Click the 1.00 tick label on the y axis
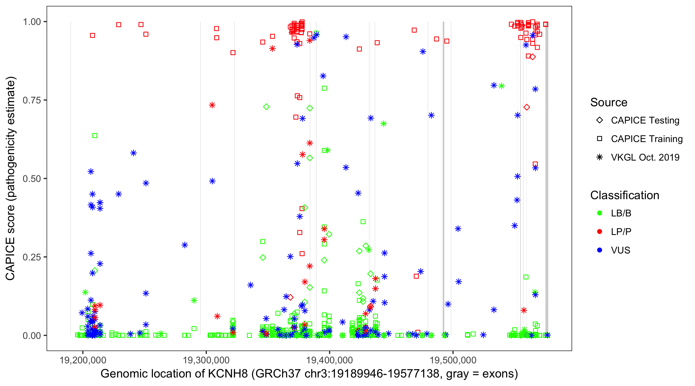pos(31,22)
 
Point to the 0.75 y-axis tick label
pos(31,100)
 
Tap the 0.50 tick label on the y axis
pos(31,179)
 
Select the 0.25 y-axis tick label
pos(31,257)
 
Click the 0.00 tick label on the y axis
pos(31,335)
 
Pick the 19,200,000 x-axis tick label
pos(83,360)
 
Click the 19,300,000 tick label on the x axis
pos(206,360)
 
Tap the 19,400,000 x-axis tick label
pos(329,360)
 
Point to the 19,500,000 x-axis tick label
pos(453,360)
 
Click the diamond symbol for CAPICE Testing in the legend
pos(600,120)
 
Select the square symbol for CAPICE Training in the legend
pos(600,139)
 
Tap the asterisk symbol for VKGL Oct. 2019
pos(600,157)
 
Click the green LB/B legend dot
pos(600,213)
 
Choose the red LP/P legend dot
pos(600,232)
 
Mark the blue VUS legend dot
pos(600,250)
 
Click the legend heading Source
pos(609,102)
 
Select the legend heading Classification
pos(624,195)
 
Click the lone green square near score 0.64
pos(95,135)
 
